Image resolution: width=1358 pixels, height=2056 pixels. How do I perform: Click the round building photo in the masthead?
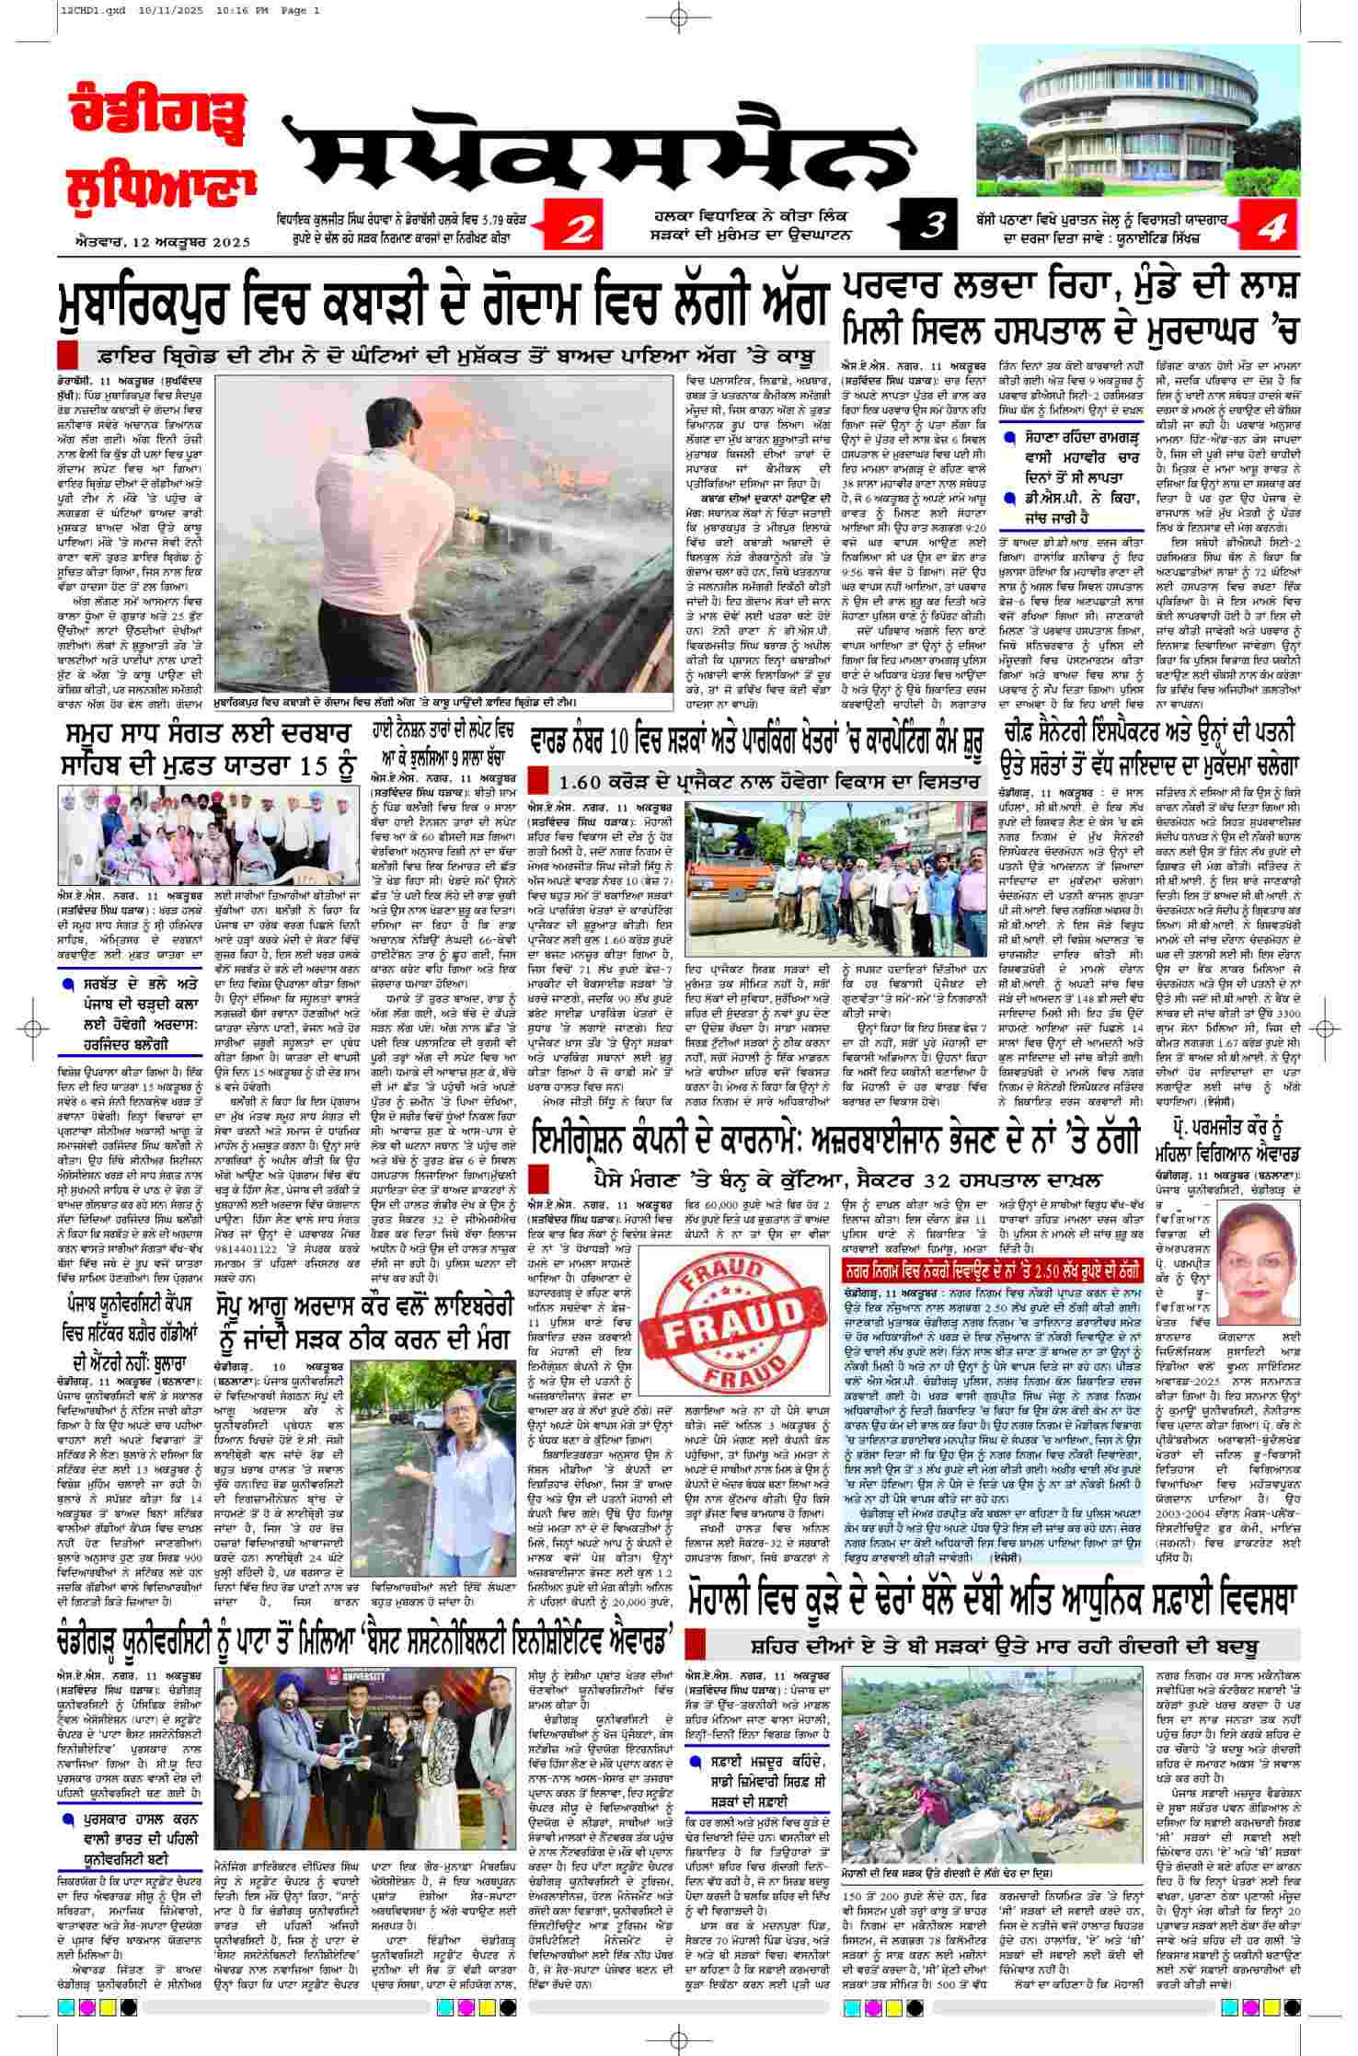point(1138,115)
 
